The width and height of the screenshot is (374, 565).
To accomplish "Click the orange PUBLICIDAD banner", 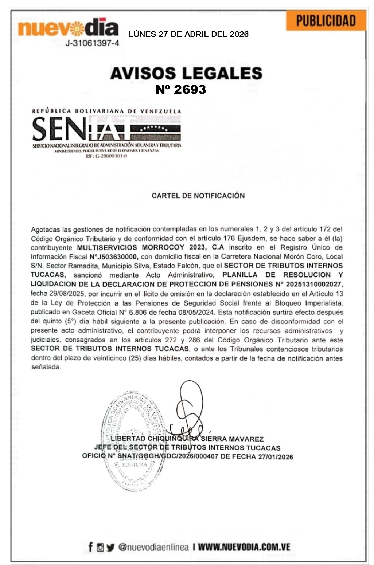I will [x=326, y=21].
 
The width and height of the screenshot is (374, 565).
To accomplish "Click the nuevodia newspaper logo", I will [x=68, y=28].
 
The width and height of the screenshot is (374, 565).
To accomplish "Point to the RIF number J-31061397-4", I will [x=92, y=43].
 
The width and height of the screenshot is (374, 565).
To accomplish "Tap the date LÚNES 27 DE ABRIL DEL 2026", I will [x=188, y=34].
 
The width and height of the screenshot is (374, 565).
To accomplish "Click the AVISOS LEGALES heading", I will [x=186, y=73].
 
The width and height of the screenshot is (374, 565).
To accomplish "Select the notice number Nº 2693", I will [x=181, y=89].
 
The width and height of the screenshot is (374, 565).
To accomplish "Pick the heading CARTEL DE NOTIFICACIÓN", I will [x=198, y=196].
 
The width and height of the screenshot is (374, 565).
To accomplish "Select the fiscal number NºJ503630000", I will [x=114, y=256].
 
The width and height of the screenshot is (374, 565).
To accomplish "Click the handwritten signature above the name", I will [x=190, y=408].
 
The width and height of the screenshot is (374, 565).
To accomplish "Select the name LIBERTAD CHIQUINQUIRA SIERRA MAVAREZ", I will [x=187, y=439].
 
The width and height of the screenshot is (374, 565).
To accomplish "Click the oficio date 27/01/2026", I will [x=276, y=457].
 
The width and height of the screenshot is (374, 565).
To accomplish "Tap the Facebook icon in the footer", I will [x=91, y=547].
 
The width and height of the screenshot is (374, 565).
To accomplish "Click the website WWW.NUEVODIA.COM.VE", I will [x=244, y=547].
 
